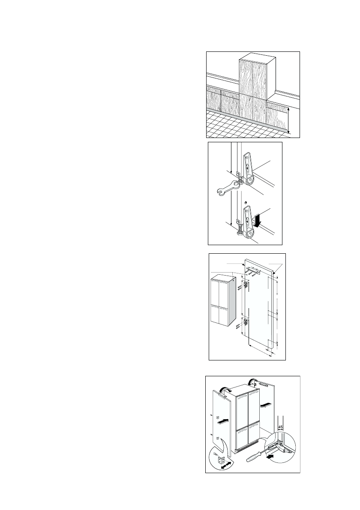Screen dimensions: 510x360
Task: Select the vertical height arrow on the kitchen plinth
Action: click(288, 120)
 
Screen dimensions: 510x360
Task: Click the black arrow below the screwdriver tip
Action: click(270, 457)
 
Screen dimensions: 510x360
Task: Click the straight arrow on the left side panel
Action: click(221, 422)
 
